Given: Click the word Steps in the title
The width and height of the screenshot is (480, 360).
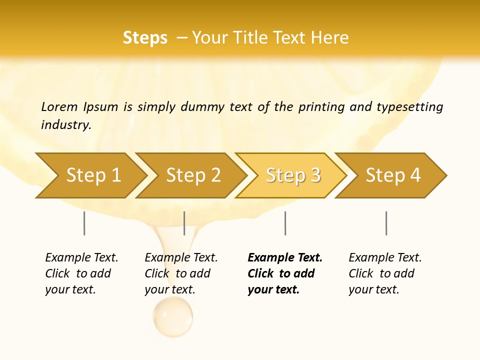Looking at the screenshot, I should tap(145, 38).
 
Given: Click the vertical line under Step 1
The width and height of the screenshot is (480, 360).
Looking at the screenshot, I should tap(84, 223).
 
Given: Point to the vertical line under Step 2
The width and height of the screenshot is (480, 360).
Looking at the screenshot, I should tap(184, 223).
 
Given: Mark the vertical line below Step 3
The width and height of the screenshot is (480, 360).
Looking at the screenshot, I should tap(285, 223).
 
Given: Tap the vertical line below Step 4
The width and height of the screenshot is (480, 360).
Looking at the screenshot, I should tap(386, 223).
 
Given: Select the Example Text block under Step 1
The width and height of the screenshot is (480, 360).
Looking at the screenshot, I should tap(81, 273).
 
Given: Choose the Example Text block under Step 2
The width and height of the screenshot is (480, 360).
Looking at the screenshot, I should tap(181, 273).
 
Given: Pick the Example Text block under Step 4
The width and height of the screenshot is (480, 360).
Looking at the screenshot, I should tap(385, 273).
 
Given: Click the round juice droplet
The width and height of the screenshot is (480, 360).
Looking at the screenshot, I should tap(172, 316).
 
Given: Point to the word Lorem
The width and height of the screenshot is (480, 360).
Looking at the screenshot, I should tap(59, 107).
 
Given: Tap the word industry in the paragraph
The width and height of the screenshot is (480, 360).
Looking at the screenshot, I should tap(66, 125).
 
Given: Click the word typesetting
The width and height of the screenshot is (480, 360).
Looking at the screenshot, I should tap(409, 107).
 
